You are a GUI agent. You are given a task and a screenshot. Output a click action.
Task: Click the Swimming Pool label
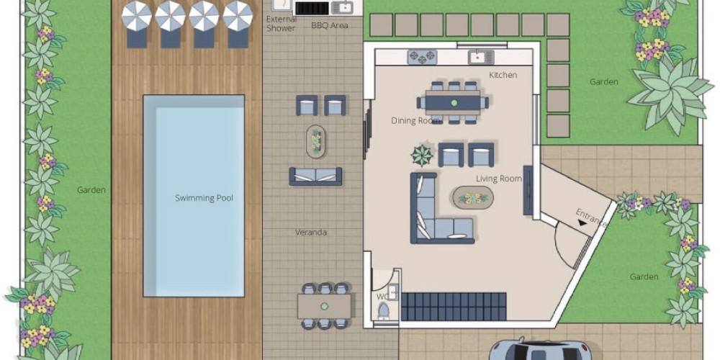point(204,199)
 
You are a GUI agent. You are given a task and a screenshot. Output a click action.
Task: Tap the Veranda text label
point(311,233)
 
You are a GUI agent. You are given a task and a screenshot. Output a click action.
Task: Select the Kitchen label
point(503,75)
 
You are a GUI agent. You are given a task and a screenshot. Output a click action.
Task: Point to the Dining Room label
point(416,121)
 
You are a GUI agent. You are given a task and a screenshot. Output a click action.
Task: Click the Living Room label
point(499,179)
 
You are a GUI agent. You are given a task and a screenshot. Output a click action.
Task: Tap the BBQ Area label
point(330,26)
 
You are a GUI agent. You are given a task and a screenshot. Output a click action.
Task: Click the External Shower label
point(281,24)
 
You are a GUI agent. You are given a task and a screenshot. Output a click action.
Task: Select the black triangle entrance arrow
point(582,223)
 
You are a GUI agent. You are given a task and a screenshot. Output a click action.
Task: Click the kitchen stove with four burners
point(423,57)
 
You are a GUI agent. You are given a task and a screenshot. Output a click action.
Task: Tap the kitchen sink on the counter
point(481,57)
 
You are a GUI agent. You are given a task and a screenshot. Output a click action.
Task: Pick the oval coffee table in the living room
point(473,199)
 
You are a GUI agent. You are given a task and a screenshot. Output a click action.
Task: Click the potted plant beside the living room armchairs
point(422,156)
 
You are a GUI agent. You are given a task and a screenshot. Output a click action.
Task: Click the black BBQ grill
point(312,8)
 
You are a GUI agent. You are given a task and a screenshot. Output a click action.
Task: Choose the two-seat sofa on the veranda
point(315,176)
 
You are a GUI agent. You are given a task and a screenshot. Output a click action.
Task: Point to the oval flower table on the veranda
point(316,141)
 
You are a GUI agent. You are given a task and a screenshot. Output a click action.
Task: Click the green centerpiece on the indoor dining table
point(454,102)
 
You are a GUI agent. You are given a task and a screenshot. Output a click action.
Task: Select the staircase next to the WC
point(454,307)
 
